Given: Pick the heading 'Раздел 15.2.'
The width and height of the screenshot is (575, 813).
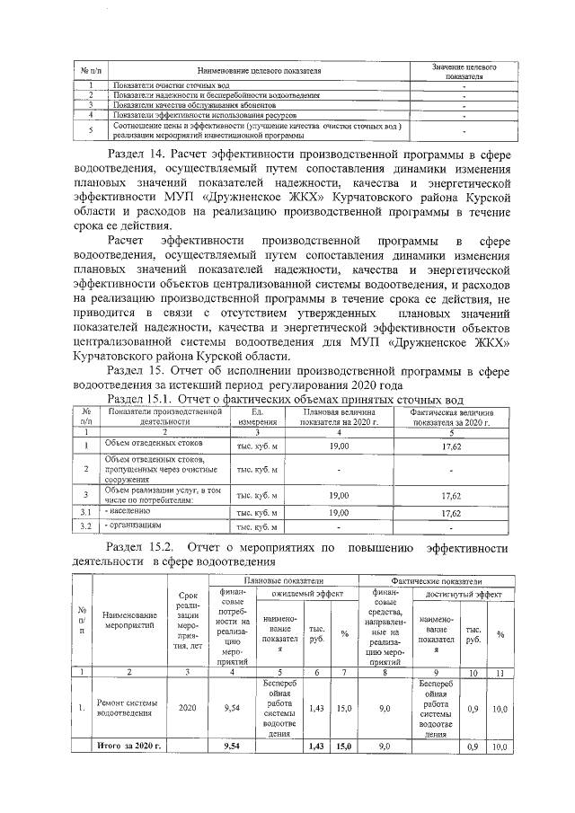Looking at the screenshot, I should pos(144,547).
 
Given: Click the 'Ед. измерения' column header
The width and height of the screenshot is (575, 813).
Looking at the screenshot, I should pos(256,416).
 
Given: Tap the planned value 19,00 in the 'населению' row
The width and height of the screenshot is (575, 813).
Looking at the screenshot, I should pos(339,512).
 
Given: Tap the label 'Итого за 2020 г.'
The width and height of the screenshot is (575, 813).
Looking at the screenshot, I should pos(128,746).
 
